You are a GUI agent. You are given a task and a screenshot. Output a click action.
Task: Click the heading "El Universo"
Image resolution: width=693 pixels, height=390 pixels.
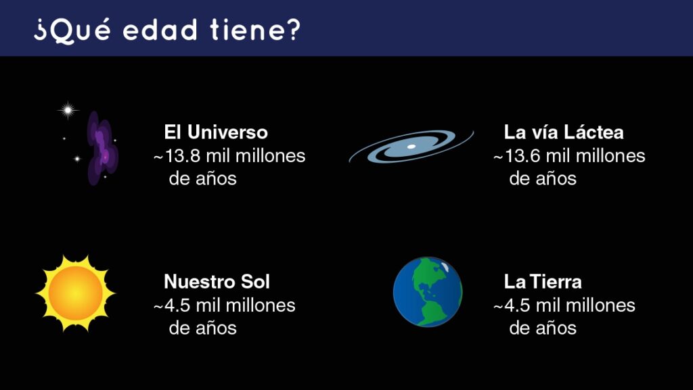pyautogui.click(x=216, y=132)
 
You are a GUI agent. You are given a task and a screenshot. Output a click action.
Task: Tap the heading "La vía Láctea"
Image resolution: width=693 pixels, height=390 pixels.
pyautogui.click(x=564, y=132)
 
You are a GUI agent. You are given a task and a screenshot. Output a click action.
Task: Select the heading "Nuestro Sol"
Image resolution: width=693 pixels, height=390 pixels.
pyautogui.click(x=217, y=281)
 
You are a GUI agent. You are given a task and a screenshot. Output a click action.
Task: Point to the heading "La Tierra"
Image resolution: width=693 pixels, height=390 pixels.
pyautogui.click(x=543, y=281)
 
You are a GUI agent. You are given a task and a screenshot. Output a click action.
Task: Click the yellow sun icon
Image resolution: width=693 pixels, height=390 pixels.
pyautogui.click(x=76, y=293)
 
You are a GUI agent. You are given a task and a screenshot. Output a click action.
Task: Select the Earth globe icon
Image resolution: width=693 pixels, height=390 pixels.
pyautogui.click(x=428, y=292)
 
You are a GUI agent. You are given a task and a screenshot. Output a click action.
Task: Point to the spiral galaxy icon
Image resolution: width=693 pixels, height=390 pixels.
pyautogui.click(x=411, y=147)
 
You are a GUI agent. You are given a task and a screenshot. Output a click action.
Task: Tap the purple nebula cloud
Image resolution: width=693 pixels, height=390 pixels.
pyautogui.click(x=103, y=148)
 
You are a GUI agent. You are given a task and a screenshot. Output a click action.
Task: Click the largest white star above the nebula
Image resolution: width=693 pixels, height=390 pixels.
pyautogui.click(x=68, y=110)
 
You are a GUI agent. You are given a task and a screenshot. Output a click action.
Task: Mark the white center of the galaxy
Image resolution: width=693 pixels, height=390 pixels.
pyautogui.click(x=411, y=147)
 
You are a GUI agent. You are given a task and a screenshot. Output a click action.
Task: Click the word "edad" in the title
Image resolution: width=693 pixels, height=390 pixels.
pyautogui.click(x=160, y=30)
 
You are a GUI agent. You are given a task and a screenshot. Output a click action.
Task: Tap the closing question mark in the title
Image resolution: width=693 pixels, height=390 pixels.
pyautogui.click(x=293, y=30)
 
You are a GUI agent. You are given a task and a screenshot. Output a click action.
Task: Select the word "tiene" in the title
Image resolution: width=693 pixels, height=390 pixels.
pyautogui.click(x=246, y=30)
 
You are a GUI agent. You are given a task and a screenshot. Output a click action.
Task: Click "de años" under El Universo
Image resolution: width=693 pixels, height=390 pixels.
pyautogui.click(x=203, y=178)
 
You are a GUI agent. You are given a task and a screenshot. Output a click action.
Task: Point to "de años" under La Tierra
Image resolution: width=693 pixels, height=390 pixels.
pyautogui.click(x=543, y=328)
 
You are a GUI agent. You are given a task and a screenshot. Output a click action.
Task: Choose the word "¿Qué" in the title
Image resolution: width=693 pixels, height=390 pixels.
pyautogui.click(x=72, y=31)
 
